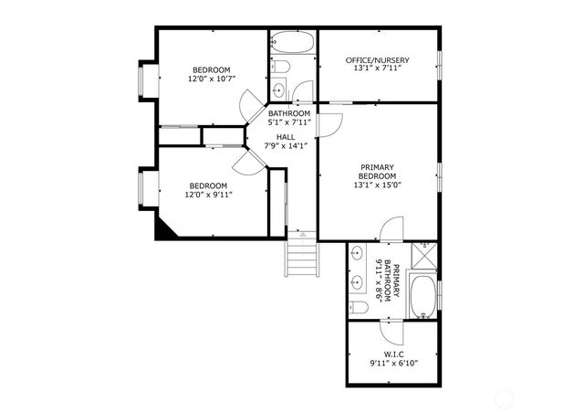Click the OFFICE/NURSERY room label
pos(377,60)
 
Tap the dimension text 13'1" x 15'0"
pos(377,185)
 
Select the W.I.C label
pos(393,355)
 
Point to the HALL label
pos(286,136)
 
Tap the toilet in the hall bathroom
pos(281,67)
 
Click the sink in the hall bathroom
pos(278,90)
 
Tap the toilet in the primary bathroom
pos(359,308)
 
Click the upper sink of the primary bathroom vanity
pos(357,253)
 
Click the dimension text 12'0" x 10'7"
pos(211,79)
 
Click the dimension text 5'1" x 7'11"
pos(288,122)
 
